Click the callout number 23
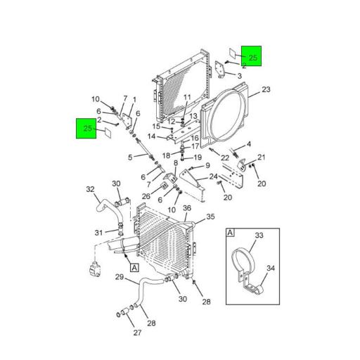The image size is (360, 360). click(266, 89)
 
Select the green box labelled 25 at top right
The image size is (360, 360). click(252, 56)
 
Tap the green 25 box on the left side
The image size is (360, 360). click(86, 129)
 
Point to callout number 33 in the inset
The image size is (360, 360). click(258, 236)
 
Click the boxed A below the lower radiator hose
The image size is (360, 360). click(134, 267)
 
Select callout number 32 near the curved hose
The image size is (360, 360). click(90, 188)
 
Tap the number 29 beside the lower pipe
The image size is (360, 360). click(120, 278)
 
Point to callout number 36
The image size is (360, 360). click(187, 207)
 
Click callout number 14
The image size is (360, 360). click(151, 136)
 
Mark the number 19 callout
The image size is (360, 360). click(198, 157)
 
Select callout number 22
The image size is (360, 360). click(225, 157)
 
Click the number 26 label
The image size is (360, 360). click(146, 195)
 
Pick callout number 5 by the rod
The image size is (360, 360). click(130, 157)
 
